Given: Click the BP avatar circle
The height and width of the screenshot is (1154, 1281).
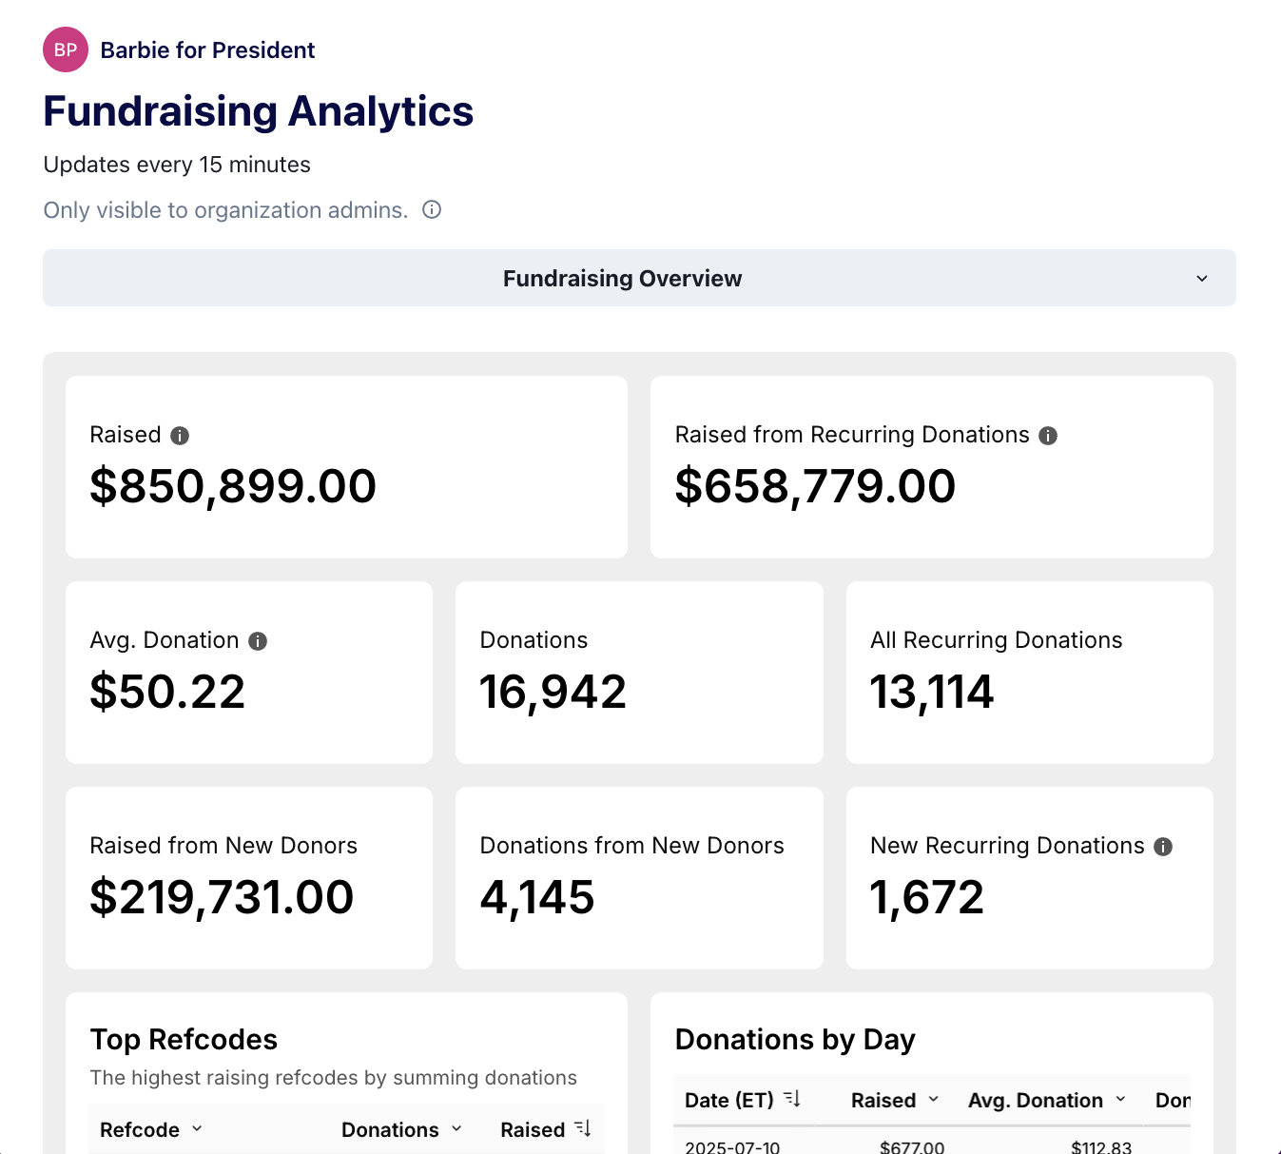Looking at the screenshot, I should (x=66, y=49).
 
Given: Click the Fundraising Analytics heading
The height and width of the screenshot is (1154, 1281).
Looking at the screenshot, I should (x=258, y=111).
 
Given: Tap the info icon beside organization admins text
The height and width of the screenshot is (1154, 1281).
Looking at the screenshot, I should (x=432, y=209).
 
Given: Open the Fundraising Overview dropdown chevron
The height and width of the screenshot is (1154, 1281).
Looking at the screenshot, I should (x=1202, y=279).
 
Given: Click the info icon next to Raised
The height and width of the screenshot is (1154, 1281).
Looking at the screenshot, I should (x=180, y=436).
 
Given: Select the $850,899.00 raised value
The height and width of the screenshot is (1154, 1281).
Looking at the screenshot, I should (x=233, y=486).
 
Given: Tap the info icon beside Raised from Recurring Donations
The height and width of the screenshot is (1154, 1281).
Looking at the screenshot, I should (x=1048, y=436).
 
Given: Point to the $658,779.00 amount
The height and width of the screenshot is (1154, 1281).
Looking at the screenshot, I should (x=815, y=486).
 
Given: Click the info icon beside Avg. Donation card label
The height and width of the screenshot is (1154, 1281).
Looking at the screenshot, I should (x=258, y=641).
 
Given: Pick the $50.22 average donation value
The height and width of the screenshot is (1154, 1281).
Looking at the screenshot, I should (x=167, y=692).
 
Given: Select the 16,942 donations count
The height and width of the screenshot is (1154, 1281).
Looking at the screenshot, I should (x=553, y=692).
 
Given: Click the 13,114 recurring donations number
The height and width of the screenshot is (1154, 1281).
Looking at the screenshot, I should (x=931, y=692).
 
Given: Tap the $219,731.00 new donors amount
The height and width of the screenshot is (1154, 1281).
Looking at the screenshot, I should (x=222, y=897).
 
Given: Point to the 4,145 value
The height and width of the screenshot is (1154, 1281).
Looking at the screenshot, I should (x=537, y=897).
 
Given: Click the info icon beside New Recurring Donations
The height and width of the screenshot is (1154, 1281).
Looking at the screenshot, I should (x=1163, y=847).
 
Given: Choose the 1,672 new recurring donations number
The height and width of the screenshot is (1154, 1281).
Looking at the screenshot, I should (x=927, y=897).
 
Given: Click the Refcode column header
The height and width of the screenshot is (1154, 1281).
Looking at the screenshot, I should (x=140, y=1129).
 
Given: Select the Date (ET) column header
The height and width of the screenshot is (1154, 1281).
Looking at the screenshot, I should (x=729, y=1100).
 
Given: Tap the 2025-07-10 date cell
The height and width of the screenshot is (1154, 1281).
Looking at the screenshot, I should (x=732, y=1146).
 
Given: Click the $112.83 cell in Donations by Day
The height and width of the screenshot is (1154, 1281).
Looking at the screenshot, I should (x=1101, y=1146).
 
